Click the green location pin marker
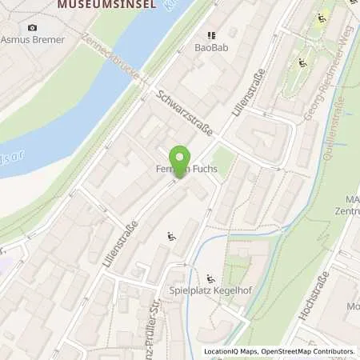[x=181, y=159]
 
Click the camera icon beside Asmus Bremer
[x=32, y=27]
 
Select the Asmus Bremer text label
[x=32, y=38]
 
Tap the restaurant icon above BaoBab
[x=211, y=35]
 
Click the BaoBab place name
[x=211, y=47]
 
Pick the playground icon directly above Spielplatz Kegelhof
[x=210, y=278]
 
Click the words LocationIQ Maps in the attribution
[x=230, y=351]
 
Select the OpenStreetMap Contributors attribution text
[x=309, y=351]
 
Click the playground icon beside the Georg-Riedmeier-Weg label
[x=303, y=62]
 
